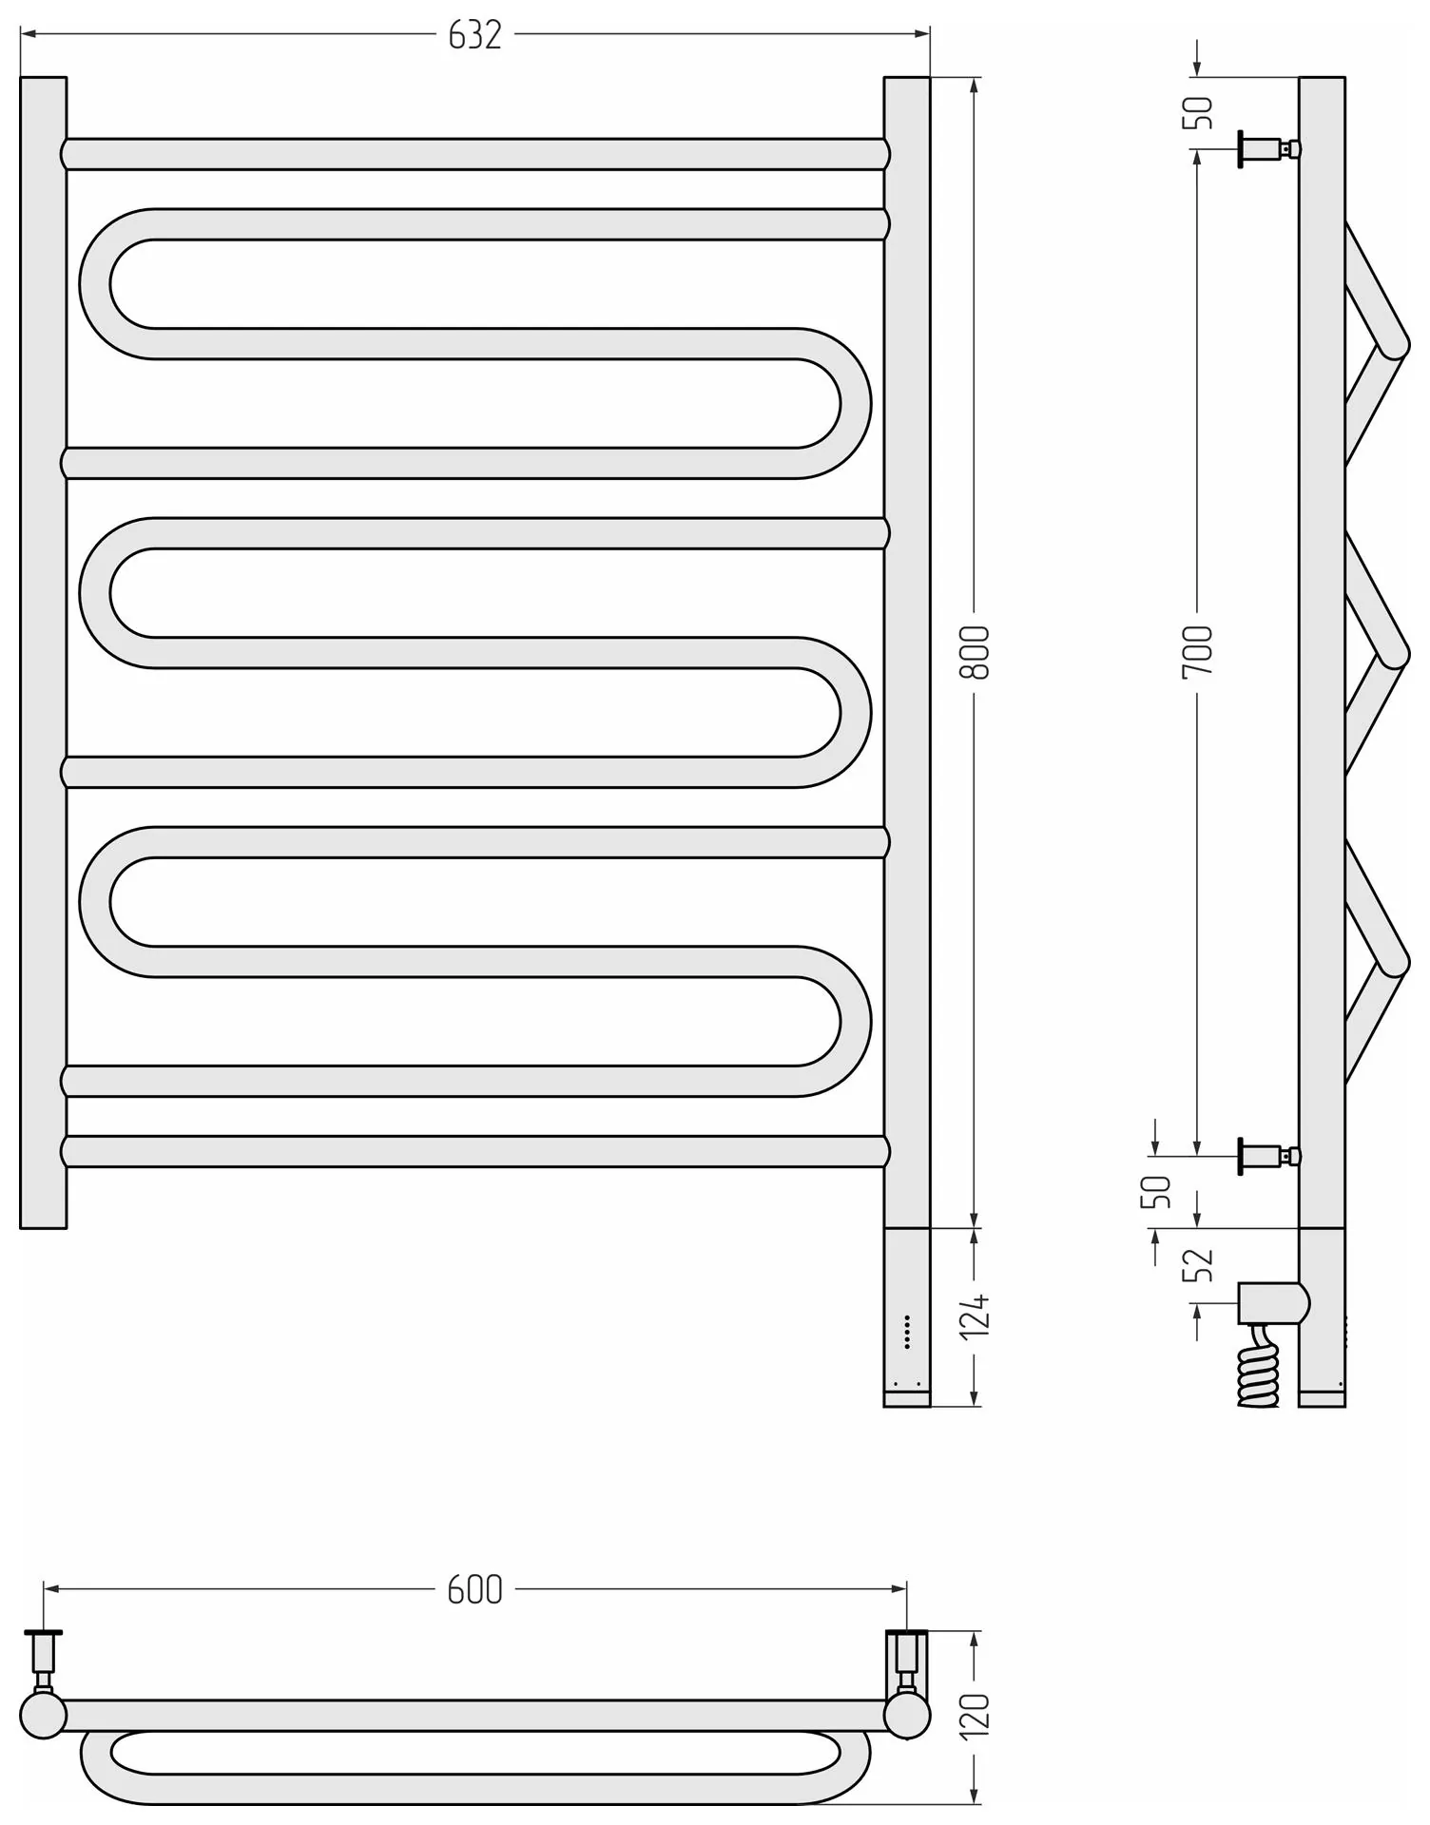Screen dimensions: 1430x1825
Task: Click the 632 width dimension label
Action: click(474, 35)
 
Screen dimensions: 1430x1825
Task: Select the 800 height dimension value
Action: click(976, 652)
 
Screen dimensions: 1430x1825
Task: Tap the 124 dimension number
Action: click(976, 1316)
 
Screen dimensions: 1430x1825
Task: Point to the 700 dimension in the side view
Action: click(1198, 652)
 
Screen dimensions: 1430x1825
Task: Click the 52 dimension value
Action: click(1198, 1264)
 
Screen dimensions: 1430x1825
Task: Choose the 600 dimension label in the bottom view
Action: click(474, 1589)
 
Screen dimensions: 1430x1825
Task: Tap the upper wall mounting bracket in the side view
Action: click(1269, 149)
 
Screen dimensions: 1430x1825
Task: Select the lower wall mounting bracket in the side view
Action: click(1269, 1156)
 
